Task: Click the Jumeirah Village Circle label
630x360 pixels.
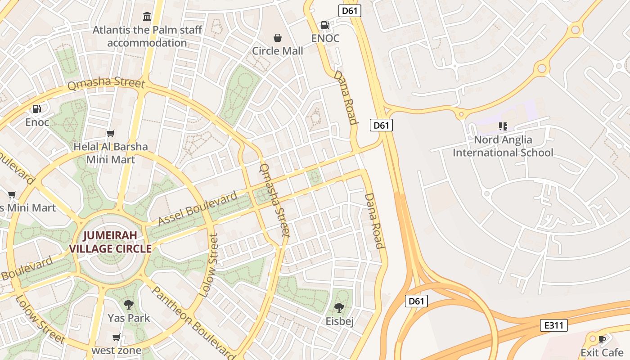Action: pyautogui.click(x=110, y=242)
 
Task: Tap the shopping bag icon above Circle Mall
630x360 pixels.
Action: pyautogui.click(x=278, y=38)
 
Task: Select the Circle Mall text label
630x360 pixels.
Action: pyautogui.click(x=278, y=51)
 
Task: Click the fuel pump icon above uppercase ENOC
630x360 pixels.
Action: pyautogui.click(x=325, y=25)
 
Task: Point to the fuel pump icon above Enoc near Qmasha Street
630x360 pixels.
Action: pyautogui.click(x=37, y=109)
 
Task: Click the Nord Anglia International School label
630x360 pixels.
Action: pyautogui.click(x=503, y=146)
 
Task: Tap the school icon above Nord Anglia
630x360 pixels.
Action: pyautogui.click(x=503, y=126)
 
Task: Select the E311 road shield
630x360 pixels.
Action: pyautogui.click(x=553, y=325)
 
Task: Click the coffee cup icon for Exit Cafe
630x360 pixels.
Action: pyautogui.click(x=602, y=339)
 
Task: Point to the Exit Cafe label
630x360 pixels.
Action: pyautogui.click(x=602, y=352)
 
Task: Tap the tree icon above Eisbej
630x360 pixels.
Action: pyautogui.click(x=339, y=308)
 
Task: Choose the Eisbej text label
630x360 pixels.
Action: pyautogui.click(x=339, y=321)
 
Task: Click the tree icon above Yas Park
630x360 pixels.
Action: pyautogui.click(x=129, y=305)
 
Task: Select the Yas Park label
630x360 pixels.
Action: pyautogui.click(x=129, y=318)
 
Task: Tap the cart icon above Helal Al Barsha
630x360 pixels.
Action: pyautogui.click(x=110, y=134)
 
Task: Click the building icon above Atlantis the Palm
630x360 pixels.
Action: pyautogui.click(x=147, y=17)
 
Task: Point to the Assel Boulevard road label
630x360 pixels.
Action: pyautogui.click(x=198, y=209)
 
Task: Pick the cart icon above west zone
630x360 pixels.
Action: pyautogui.click(x=117, y=337)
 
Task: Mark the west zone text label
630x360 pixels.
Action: pyautogui.click(x=117, y=350)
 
